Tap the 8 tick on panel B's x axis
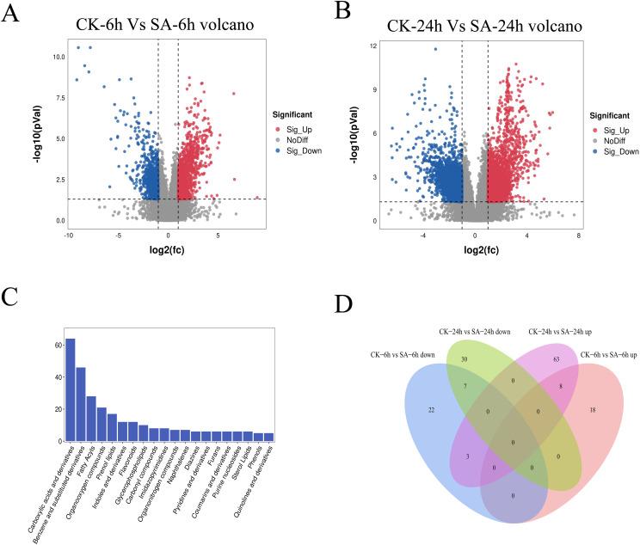[x=579, y=235]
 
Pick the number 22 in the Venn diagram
[x=429, y=409]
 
